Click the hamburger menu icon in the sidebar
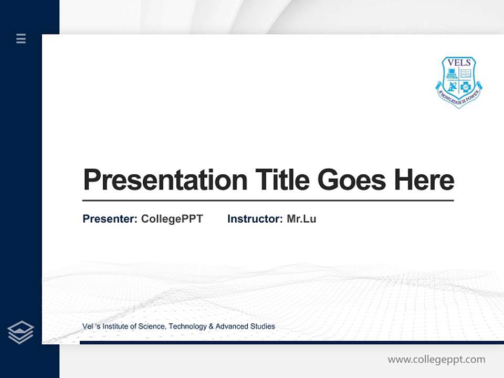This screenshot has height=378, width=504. (21, 38)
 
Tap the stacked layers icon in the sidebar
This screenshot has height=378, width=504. (20, 332)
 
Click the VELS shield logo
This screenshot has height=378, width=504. (459, 81)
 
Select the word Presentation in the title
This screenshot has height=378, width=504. (165, 180)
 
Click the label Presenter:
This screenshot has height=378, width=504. (110, 219)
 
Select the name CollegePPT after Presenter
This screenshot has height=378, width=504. (172, 219)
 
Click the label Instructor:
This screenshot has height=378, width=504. (255, 219)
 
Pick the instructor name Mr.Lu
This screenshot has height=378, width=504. (301, 219)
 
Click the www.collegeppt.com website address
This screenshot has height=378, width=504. (436, 360)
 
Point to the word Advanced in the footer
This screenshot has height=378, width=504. (232, 327)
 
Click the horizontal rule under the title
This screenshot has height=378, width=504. (268, 201)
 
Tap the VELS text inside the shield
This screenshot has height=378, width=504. (459, 63)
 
